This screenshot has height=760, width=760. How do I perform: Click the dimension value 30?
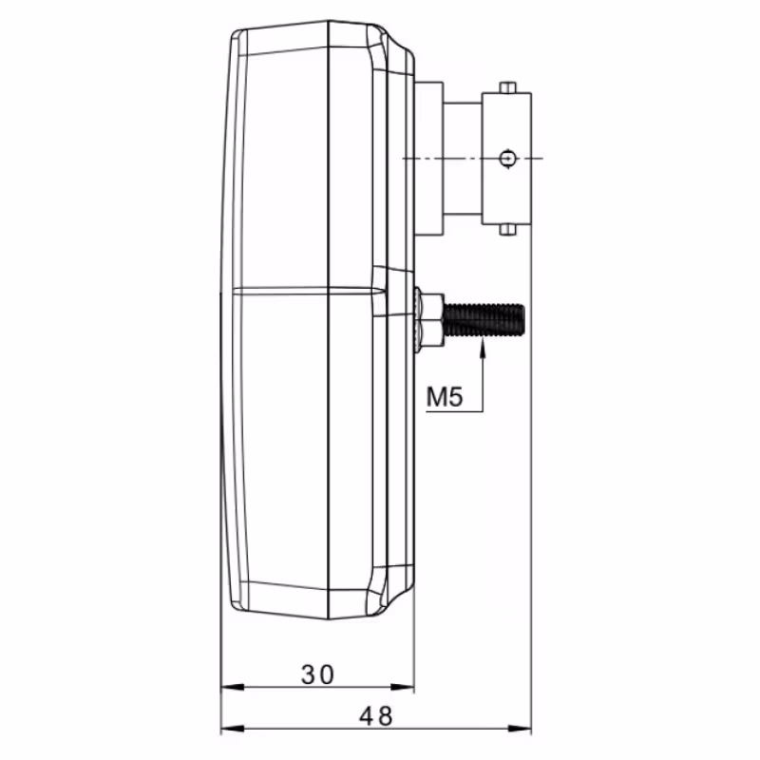click(317, 674)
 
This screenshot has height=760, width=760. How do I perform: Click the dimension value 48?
click(375, 716)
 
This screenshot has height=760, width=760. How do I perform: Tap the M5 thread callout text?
click(445, 396)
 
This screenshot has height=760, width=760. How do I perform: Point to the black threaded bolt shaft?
click(484, 319)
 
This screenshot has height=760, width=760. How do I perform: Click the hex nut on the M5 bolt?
click(431, 320)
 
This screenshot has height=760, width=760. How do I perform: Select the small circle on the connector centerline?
click(507, 159)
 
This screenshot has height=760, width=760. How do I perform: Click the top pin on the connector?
click(507, 87)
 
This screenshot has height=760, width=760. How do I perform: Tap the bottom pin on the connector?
click(507, 229)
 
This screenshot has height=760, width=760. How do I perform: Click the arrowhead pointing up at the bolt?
click(483, 348)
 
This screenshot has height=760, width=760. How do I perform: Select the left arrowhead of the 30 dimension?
click(232, 687)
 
